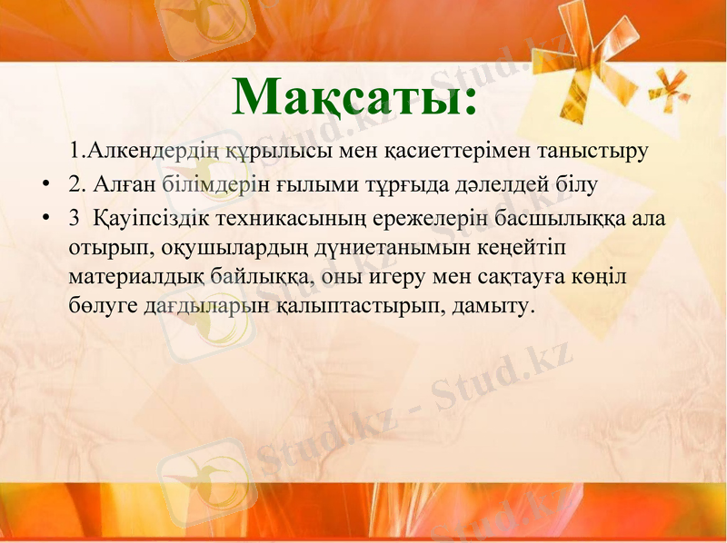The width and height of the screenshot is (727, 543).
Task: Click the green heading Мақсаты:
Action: (x=354, y=96)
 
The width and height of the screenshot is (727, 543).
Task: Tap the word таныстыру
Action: (x=593, y=151)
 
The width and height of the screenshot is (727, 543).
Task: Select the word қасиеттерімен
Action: (x=453, y=151)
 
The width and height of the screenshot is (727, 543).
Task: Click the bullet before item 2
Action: (x=45, y=186)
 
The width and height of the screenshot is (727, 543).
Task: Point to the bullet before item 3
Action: (x=45, y=219)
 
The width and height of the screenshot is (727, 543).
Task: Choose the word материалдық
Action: (x=135, y=277)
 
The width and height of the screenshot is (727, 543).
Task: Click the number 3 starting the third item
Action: (x=74, y=219)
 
